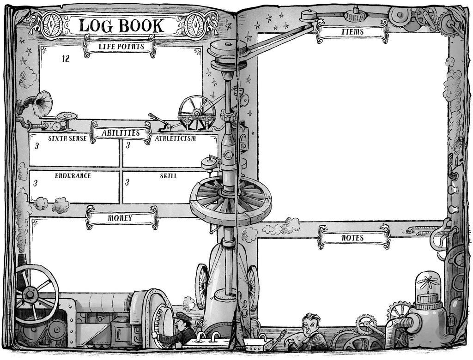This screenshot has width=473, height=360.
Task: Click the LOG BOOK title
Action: coord(121,25)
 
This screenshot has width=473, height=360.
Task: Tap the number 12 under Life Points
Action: coord(66,59)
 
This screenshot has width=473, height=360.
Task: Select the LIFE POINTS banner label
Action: coord(121,47)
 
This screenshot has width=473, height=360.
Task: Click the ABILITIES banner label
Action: coord(121,133)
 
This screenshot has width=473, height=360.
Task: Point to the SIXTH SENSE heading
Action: coord(67,138)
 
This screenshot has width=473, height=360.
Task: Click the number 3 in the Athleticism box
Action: coord(128,145)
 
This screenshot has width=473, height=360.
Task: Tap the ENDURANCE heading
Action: coord(73,175)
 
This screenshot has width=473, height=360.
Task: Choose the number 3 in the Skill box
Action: coord(127,182)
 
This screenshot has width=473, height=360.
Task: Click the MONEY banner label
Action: coord(120,218)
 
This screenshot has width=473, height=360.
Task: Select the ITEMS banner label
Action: coord(352,31)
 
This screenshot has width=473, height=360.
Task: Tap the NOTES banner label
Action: coord(352,238)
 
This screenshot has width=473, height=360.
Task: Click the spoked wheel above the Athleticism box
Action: coord(197,113)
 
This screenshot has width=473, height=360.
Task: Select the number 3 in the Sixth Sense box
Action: coord(36,146)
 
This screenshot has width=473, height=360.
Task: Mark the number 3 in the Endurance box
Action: coord(36,183)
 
